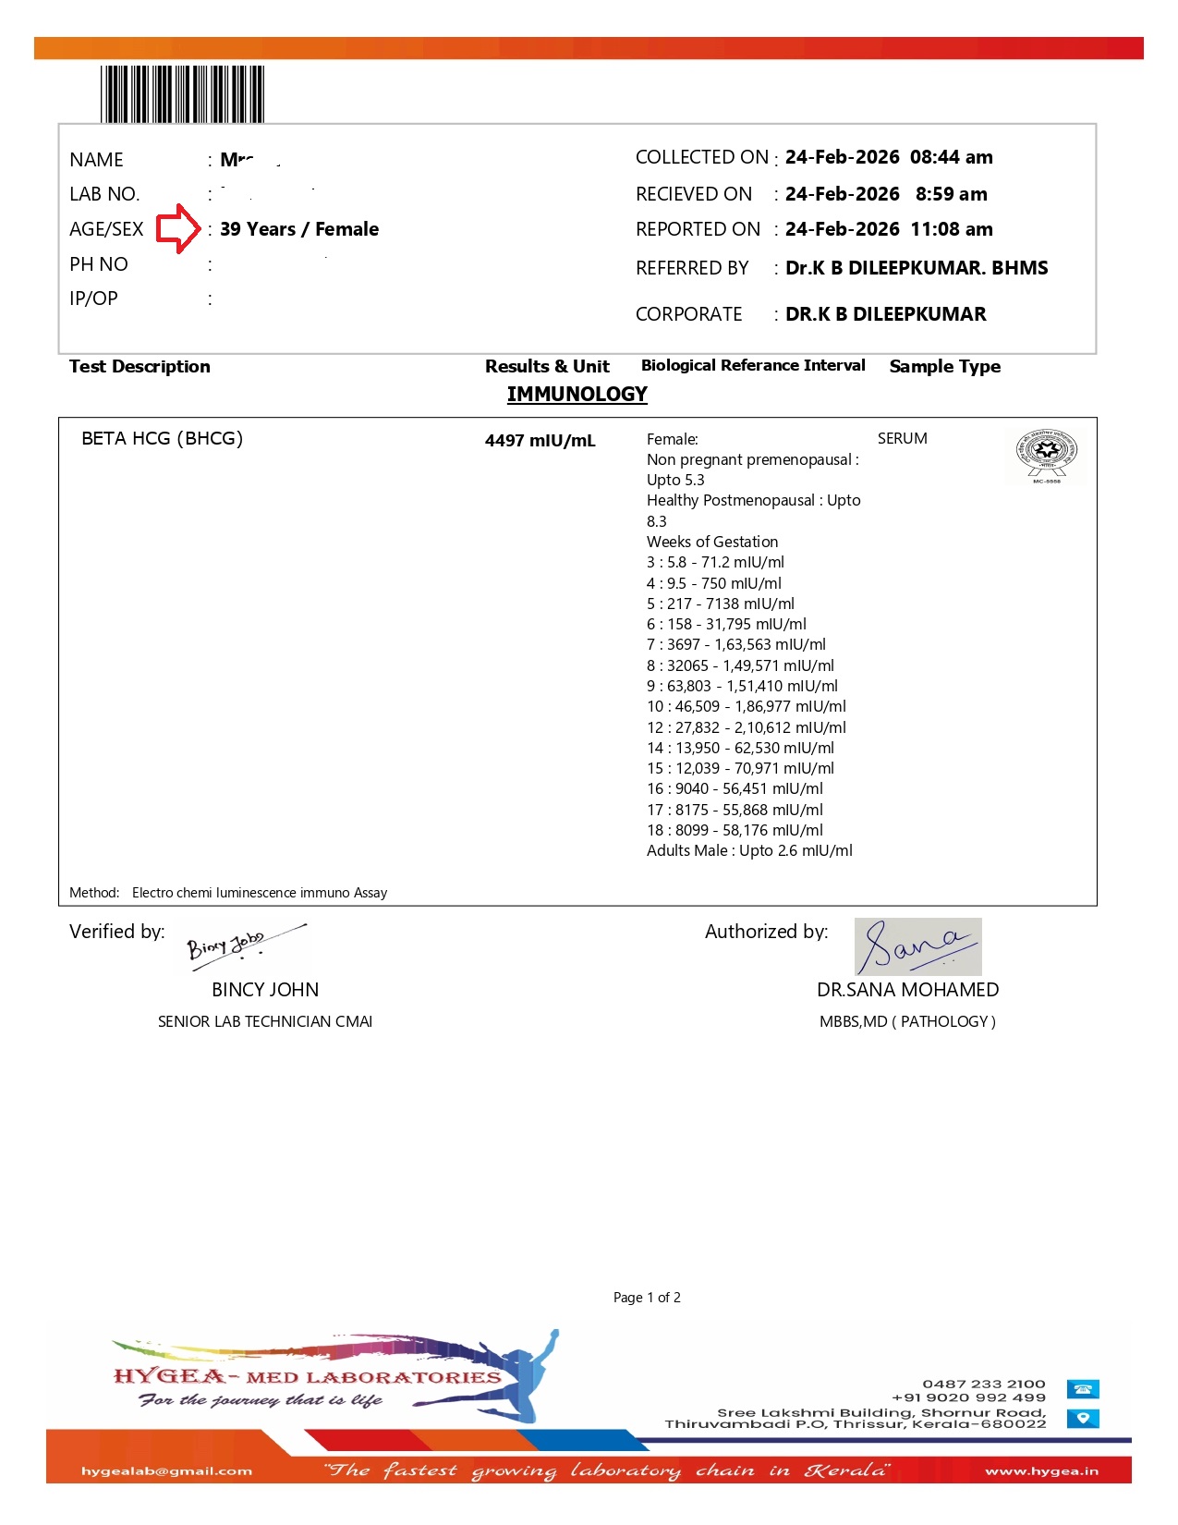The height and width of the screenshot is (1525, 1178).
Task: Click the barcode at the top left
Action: (x=182, y=93)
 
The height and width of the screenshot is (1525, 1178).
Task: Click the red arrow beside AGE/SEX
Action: (x=177, y=229)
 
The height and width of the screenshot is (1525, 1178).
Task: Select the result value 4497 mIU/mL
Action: (x=540, y=441)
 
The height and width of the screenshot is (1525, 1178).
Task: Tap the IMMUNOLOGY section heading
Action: (x=577, y=395)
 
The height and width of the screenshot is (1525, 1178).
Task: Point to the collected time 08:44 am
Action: (x=951, y=157)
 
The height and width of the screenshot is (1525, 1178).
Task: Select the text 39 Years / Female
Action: (x=299, y=229)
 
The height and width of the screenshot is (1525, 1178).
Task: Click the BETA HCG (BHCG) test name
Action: (x=162, y=438)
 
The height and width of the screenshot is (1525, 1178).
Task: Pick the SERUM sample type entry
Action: (x=902, y=438)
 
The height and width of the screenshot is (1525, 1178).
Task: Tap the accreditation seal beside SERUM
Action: (x=1046, y=455)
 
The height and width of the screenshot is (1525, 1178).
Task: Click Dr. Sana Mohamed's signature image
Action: (x=917, y=946)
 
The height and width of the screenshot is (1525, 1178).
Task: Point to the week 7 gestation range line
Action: (x=735, y=644)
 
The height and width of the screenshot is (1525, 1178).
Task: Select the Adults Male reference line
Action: (x=749, y=850)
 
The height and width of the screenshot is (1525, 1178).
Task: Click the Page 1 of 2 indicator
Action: (x=647, y=1298)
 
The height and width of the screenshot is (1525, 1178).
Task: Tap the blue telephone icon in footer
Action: (x=1083, y=1389)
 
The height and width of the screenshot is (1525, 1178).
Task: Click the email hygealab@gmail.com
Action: (x=166, y=1471)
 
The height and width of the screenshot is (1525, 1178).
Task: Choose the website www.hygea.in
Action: (x=1041, y=1471)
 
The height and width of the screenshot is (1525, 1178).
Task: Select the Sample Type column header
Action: (x=944, y=367)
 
